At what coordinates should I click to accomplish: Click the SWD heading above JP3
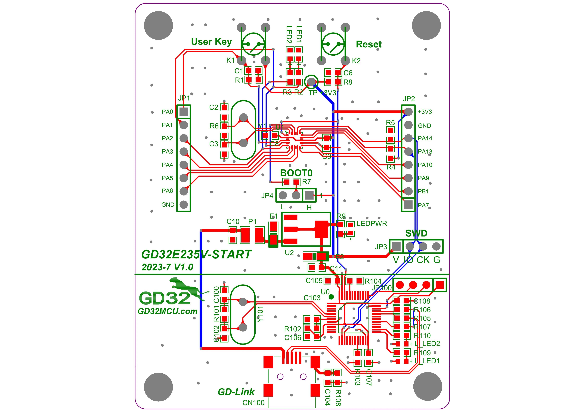tap(416, 233)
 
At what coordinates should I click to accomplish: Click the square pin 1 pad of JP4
tap(309, 195)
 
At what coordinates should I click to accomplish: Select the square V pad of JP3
tap(396, 246)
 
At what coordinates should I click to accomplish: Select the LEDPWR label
tap(372, 224)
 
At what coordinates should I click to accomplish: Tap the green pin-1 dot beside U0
tap(331, 297)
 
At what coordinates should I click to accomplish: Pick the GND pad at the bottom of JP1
tap(184, 204)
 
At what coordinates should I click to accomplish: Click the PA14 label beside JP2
tap(425, 138)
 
